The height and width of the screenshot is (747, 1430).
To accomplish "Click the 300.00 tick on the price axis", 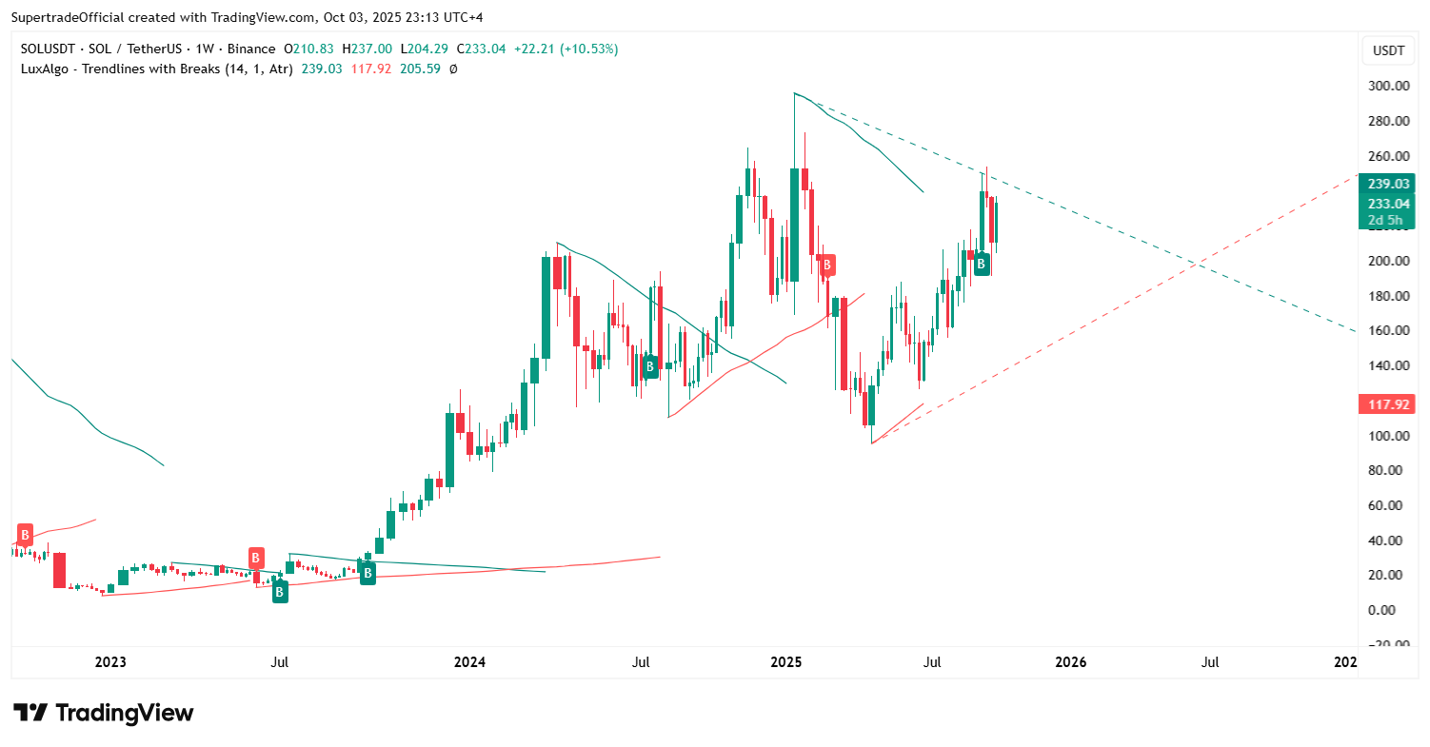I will click(1388, 87).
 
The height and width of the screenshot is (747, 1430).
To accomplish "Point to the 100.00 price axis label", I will click(1388, 436).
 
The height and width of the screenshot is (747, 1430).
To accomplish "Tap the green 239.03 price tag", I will click(1387, 184).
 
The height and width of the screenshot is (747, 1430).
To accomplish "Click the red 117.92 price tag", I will click(1387, 404).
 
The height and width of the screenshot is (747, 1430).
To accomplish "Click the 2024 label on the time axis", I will click(469, 661).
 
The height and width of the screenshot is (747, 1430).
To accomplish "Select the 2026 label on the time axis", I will click(1071, 661).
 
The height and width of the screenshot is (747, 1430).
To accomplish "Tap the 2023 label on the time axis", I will click(111, 661).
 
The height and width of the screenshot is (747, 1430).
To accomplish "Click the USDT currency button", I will click(1388, 50).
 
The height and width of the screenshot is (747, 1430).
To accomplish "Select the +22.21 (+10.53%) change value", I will click(566, 49).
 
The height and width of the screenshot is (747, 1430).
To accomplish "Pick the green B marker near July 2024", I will click(650, 366).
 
